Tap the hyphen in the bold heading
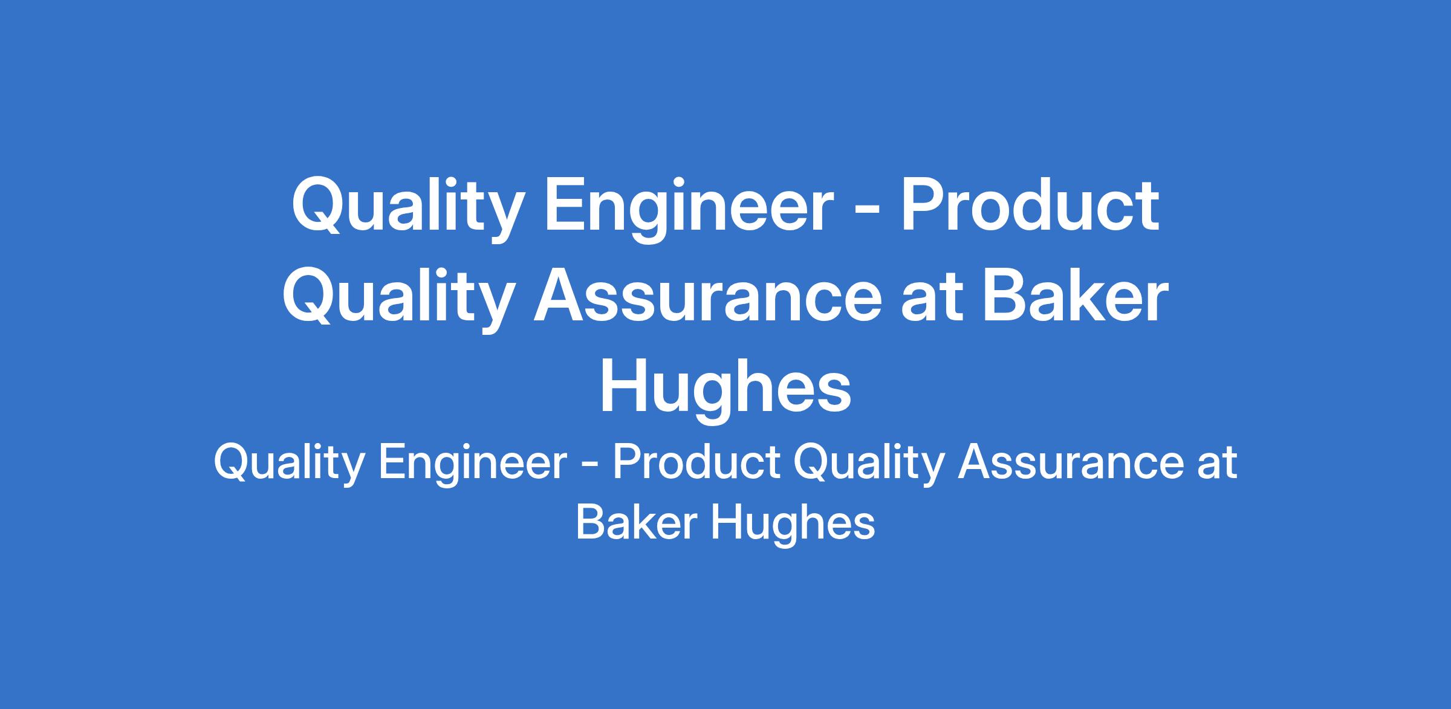868,211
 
